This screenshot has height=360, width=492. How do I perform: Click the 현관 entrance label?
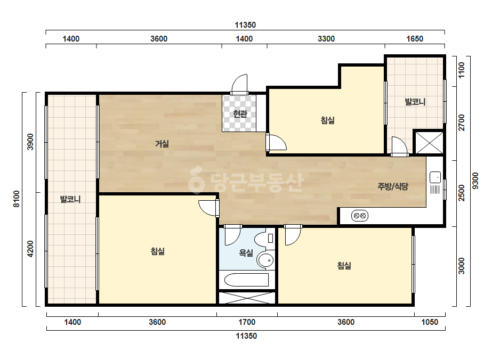[240, 113]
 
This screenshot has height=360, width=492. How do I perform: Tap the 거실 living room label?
[162, 144]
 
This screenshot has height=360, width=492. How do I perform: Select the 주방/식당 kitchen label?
[393, 186]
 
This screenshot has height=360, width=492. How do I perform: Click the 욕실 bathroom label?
[246, 253]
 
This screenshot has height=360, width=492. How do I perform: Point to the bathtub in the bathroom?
[246, 280]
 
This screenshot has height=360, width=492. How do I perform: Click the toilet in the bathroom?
[263, 239]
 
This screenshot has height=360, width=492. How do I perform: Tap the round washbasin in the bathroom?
[265, 260]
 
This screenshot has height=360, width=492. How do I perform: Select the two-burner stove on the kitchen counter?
[360, 216]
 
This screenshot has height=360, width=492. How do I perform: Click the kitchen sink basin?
[435, 177]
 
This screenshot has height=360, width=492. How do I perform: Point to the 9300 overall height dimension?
[475, 181]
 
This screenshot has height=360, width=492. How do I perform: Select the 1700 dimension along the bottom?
[247, 322]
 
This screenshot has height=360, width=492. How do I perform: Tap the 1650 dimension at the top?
[415, 38]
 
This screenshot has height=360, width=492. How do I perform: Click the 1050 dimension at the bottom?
[430, 322]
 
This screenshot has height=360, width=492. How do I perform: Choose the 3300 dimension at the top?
[326, 38]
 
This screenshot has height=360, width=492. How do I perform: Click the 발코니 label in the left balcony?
[70, 199]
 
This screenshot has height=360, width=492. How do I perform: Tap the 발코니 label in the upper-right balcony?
[415, 102]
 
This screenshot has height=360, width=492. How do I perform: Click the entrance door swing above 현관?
[239, 84]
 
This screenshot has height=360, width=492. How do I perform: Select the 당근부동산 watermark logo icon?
[197, 180]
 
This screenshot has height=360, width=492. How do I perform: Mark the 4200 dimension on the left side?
[30, 249]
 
